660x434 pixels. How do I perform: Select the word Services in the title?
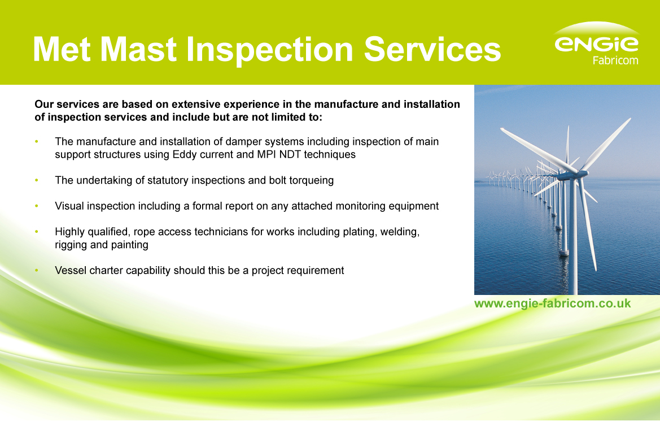click(x=432, y=50)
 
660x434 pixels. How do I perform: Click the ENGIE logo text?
click(x=596, y=44)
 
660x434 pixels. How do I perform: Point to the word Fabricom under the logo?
click(x=615, y=60)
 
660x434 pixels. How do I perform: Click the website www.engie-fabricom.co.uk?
click(x=552, y=303)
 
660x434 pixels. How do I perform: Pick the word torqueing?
click(x=312, y=180)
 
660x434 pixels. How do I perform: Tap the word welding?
click(x=399, y=232)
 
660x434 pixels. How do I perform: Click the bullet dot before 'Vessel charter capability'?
click(x=37, y=271)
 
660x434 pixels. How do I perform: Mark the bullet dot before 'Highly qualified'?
click(x=37, y=232)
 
